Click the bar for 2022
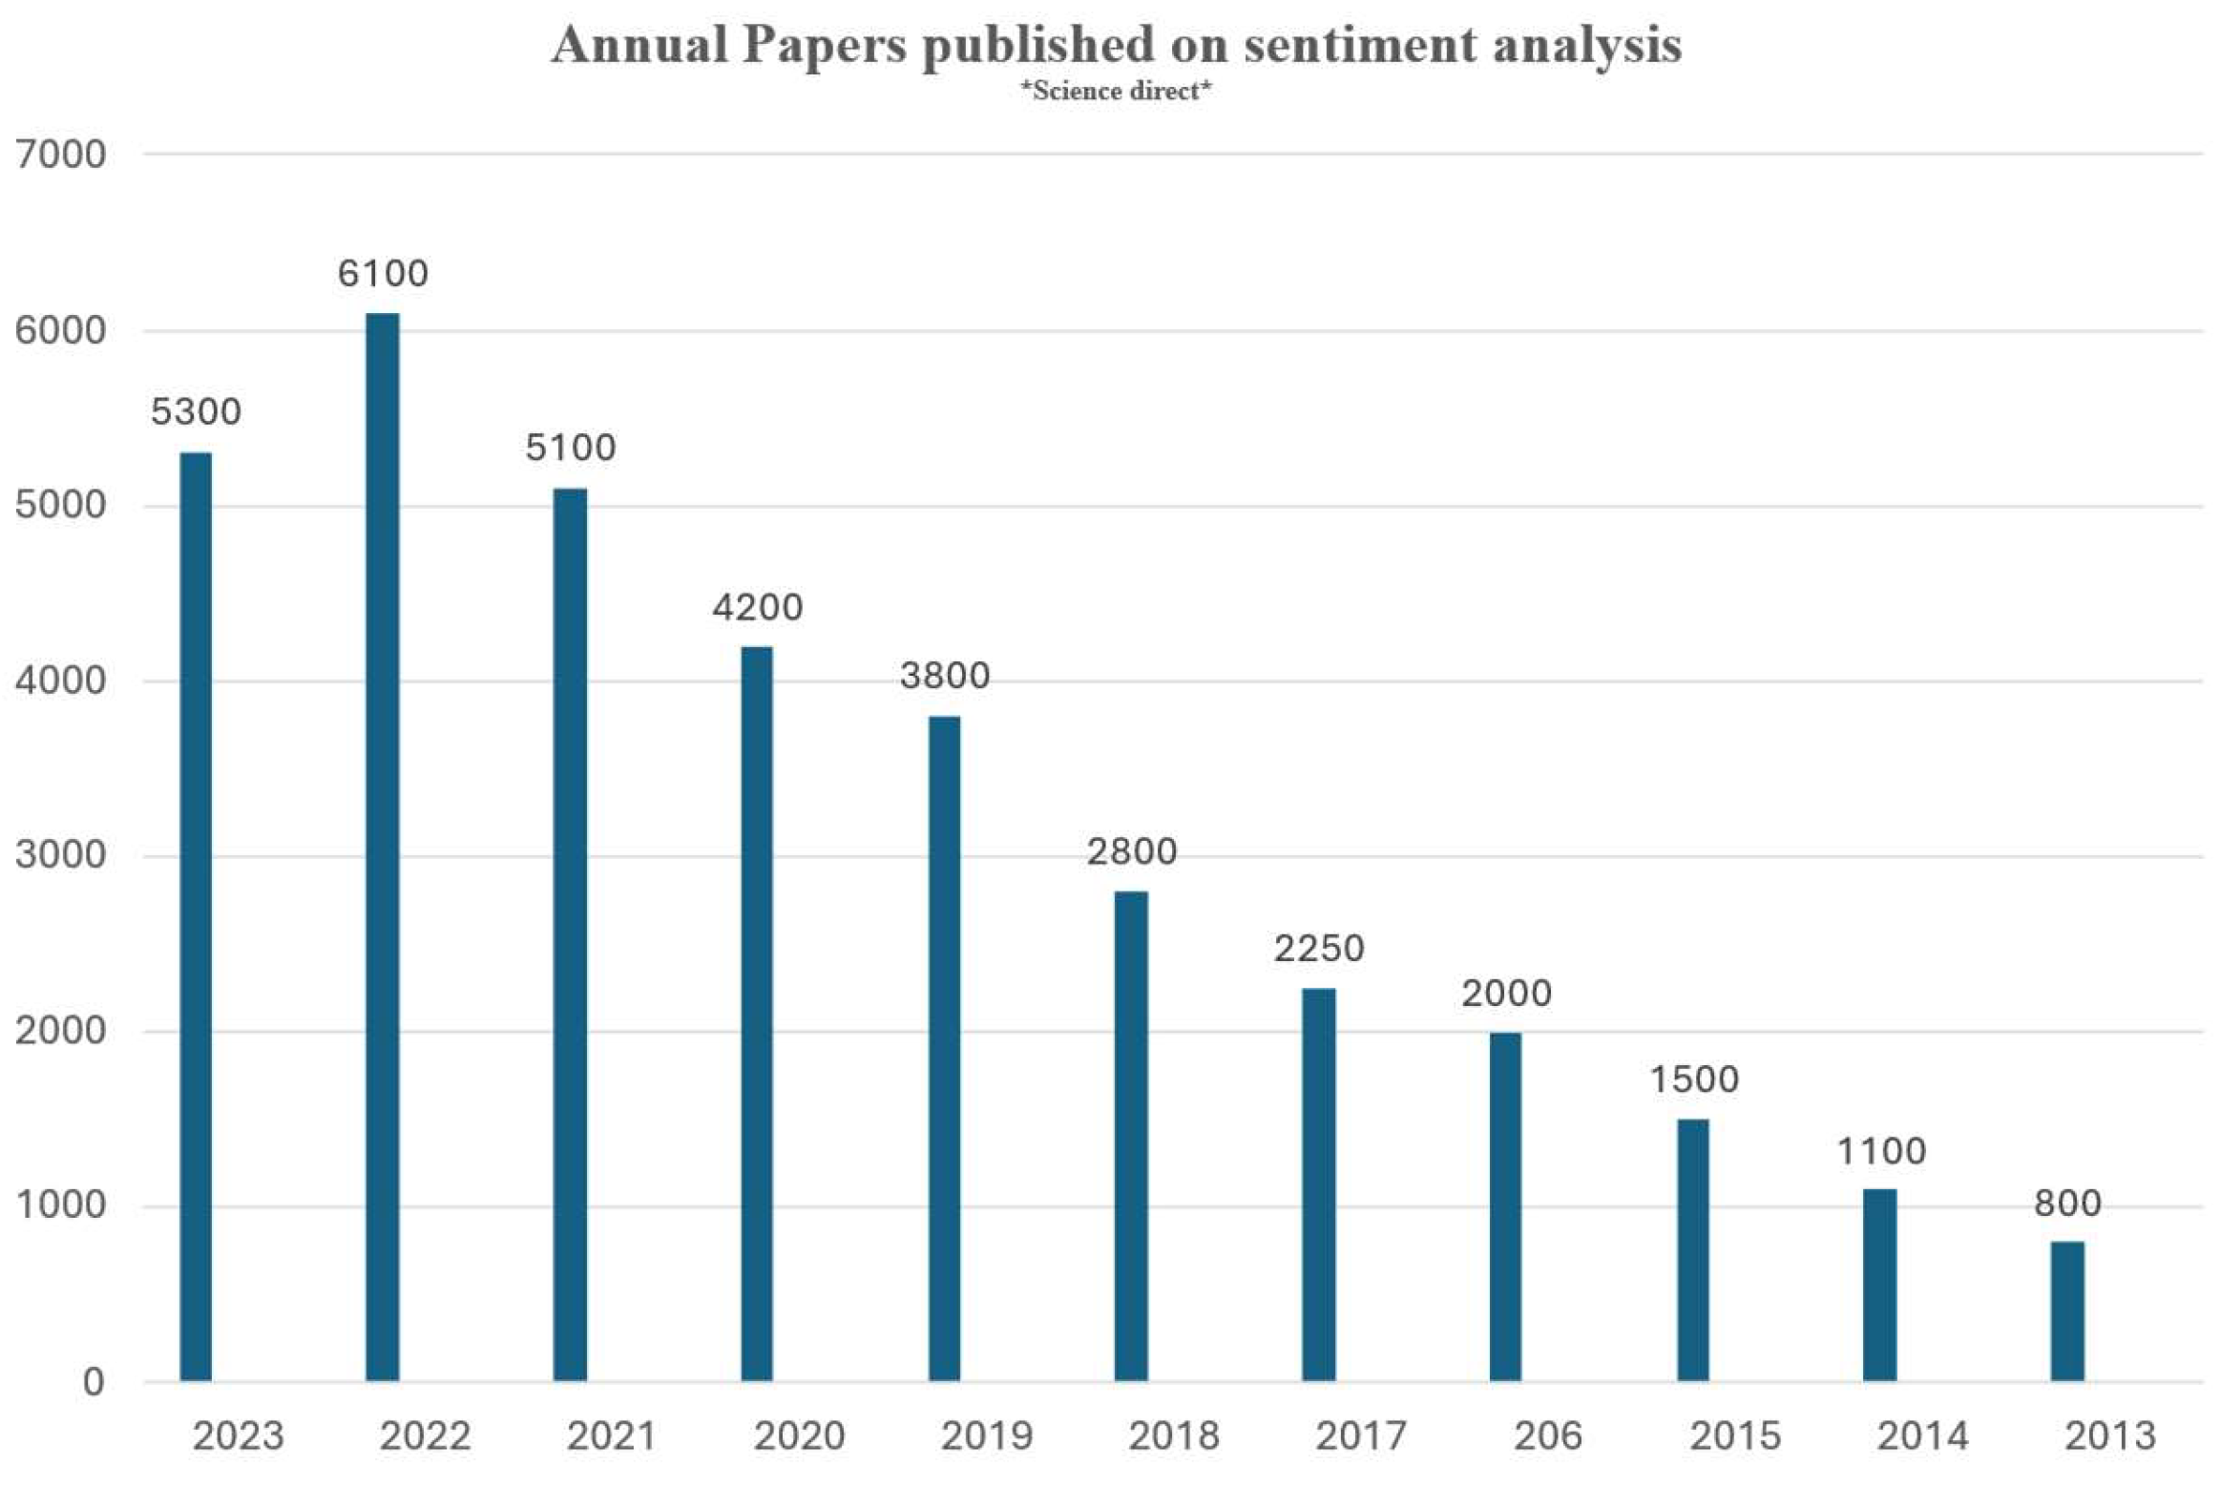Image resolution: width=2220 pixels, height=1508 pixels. (x=382, y=847)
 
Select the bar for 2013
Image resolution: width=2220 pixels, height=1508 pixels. (x=2067, y=1310)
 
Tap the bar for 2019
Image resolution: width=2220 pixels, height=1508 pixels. (x=944, y=1048)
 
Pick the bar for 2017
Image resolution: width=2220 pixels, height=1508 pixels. (x=1318, y=1184)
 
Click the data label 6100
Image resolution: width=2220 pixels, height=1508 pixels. (x=382, y=274)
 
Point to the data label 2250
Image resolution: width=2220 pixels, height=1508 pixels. (x=1318, y=949)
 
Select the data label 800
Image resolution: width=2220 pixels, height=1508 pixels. (x=2067, y=1203)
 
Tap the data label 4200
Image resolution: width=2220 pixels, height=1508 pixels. (x=757, y=607)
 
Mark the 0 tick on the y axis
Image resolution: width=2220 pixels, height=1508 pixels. (x=93, y=1381)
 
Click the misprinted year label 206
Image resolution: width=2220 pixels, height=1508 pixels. (x=1547, y=1435)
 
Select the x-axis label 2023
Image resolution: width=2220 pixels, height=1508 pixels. (x=238, y=1435)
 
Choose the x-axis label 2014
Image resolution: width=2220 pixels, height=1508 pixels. (x=1922, y=1435)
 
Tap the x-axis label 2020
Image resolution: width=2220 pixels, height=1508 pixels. (x=799, y=1435)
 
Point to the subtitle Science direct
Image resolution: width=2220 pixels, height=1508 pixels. (x=1116, y=92)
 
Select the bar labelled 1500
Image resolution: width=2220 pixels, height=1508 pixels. (x=1693, y=1249)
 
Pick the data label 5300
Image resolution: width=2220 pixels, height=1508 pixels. (x=196, y=412)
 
